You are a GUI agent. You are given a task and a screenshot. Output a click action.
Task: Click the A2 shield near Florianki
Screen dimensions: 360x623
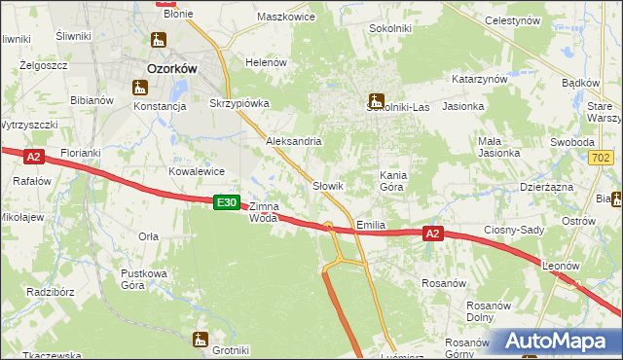[x=33, y=157]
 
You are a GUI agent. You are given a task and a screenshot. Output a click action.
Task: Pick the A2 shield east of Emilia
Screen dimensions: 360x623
[x=434, y=234]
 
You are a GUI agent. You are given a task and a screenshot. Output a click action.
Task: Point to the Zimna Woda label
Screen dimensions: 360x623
[x=264, y=212]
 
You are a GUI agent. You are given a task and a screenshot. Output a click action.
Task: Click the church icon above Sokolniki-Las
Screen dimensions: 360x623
[x=376, y=99]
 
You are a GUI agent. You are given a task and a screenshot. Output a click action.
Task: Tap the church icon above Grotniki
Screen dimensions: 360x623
[x=201, y=339]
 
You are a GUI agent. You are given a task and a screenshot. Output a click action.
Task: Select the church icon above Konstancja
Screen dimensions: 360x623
[x=136, y=86]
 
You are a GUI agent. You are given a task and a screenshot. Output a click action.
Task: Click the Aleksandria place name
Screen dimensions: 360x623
[x=294, y=141]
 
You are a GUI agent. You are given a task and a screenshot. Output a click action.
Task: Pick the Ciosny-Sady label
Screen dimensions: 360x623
[x=513, y=231]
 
